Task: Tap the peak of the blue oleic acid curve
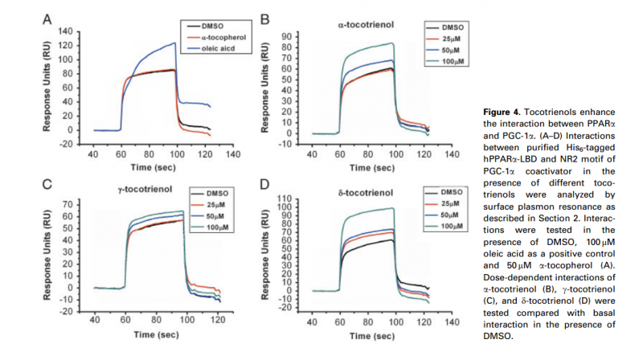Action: click(174, 43)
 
